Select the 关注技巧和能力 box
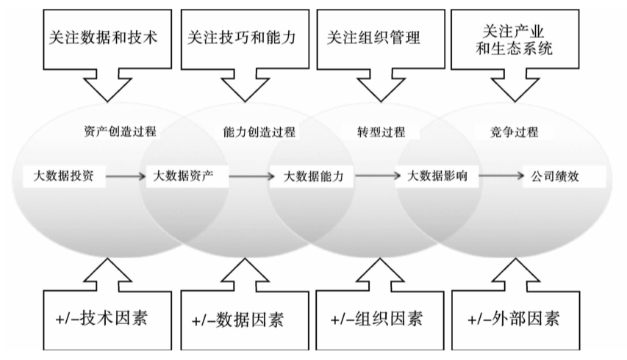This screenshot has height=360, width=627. click(x=241, y=37)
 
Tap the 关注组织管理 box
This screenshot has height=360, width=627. click(x=378, y=37)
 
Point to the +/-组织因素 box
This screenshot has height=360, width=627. click(x=376, y=319)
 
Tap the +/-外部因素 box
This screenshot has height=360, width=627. click(x=513, y=319)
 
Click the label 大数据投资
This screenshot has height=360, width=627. click(x=63, y=176)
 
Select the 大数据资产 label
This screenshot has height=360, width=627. click(x=184, y=176)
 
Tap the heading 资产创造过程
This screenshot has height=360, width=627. click(x=121, y=132)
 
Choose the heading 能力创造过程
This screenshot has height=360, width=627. click(x=259, y=133)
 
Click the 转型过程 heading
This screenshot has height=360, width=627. click(x=379, y=133)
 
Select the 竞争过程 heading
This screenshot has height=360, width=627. click(x=515, y=133)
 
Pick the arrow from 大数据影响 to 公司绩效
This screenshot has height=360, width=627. click(x=500, y=176)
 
